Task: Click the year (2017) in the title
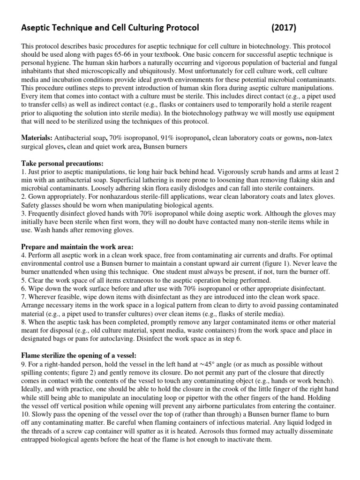284,28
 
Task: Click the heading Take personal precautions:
62,163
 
